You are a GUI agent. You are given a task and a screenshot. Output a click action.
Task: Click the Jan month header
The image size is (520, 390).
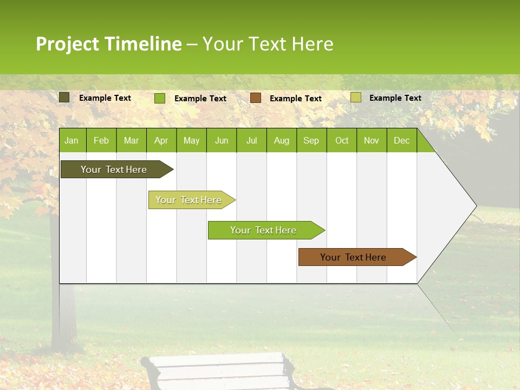click(x=71, y=140)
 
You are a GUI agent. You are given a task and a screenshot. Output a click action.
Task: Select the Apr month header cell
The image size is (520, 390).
click(x=161, y=140)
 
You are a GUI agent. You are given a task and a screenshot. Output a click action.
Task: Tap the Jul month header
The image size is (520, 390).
click(x=251, y=140)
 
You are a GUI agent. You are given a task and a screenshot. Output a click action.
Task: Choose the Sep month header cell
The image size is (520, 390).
click(x=311, y=140)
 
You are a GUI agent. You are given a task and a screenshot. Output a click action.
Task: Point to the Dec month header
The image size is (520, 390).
click(x=401, y=140)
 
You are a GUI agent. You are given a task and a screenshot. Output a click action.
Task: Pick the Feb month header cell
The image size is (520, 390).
click(x=101, y=140)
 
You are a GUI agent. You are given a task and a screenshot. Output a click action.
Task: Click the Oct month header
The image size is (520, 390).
click(x=342, y=140)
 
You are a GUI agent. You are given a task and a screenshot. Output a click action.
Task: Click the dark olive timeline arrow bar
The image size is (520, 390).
click(x=114, y=170)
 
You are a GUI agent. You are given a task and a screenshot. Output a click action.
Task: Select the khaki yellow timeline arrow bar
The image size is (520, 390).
click(x=188, y=200)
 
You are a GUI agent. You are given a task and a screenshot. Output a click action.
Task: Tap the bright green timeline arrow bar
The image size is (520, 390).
click(x=263, y=230)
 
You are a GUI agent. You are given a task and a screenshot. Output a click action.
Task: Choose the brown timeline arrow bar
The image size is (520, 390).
click(x=353, y=257)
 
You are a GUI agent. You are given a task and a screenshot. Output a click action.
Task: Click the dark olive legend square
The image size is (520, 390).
click(x=64, y=97)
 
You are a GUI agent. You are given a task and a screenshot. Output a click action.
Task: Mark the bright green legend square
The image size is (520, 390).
click(x=159, y=98)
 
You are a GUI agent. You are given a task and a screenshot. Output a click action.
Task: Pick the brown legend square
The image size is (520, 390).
click(x=256, y=98)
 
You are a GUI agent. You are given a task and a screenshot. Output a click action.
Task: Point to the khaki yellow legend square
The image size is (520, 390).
click(x=355, y=97)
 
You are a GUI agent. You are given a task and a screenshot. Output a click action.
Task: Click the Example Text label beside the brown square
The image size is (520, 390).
click(x=296, y=99)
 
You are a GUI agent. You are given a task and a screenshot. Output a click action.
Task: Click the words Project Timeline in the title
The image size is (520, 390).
click(x=108, y=44)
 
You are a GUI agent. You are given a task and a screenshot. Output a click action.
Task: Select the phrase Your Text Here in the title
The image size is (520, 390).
click(x=268, y=44)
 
